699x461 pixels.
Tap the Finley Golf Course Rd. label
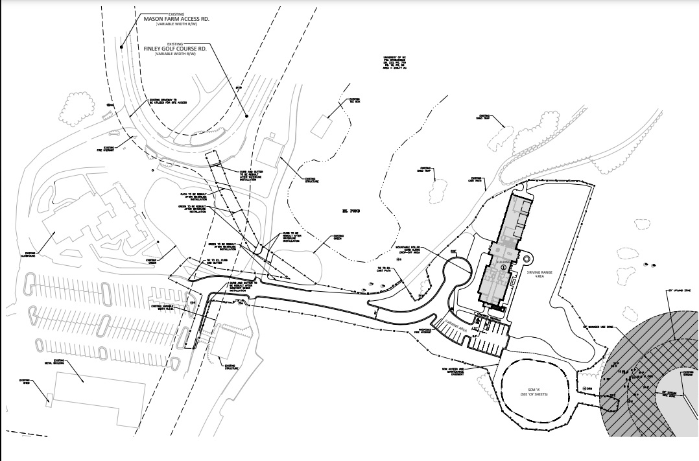(x=176, y=48)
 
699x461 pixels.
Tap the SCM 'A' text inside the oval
(x=532, y=388)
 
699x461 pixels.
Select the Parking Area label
(x=456, y=325)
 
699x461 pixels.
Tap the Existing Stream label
(x=689, y=373)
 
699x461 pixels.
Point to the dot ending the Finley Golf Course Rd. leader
(x=247, y=116)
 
